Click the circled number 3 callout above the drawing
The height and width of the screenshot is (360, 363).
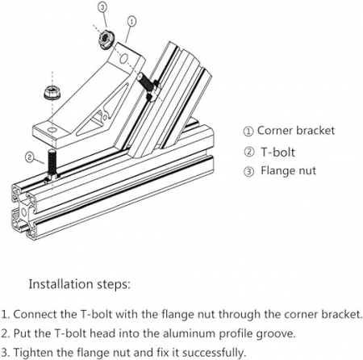coord(102,8)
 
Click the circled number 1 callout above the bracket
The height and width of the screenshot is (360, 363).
coord(131,22)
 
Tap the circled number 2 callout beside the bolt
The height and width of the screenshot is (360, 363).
coord(30,157)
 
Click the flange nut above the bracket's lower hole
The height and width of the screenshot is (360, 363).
coord(52,93)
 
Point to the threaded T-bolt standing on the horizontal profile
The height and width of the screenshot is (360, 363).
coord(52,166)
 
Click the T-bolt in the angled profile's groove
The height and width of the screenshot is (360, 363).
coord(148,86)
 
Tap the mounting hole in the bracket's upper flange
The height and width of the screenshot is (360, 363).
coord(123,58)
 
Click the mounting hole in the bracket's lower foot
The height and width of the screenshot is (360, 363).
coord(52,130)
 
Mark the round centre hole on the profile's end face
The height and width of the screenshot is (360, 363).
coord(24,212)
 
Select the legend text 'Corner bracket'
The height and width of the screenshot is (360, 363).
coord(296,131)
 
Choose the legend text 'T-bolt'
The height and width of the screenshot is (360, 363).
coord(277,152)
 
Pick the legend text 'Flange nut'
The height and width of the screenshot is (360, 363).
coord(288,171)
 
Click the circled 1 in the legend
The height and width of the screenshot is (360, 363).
coord(248,132)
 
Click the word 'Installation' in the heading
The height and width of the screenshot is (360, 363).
coord(61,284)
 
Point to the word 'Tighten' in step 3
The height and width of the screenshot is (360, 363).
coord(35,353)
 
